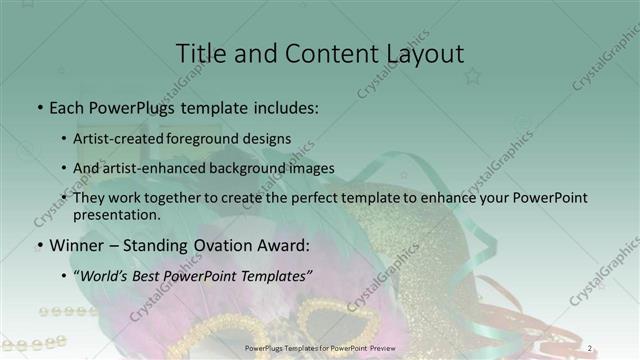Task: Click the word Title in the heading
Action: [199, 53]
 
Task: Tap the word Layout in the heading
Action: [419, 53]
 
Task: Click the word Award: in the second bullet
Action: [274, 245]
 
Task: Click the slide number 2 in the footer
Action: [590, 348]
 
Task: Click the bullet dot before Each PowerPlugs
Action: [39, 106]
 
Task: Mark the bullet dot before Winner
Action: [39, 246]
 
